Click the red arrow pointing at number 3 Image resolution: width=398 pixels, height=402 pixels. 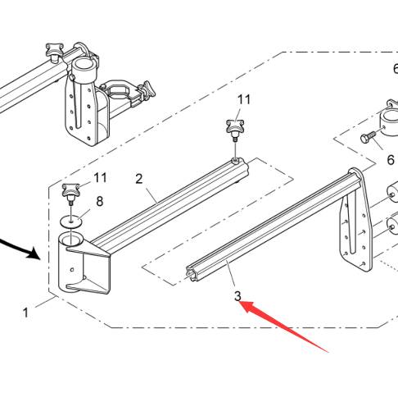[x=284, y=326]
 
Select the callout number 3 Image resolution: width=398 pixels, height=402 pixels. [x=237, y=296]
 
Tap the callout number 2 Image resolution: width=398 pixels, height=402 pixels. [x=139, y=179]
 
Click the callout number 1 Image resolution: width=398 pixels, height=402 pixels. [x=25, y=313]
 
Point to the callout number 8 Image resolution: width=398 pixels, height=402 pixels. [x=100, y=201]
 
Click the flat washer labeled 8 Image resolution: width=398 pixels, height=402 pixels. [x=71, y=221]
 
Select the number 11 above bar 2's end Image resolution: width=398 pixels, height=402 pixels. [x=244, y=100]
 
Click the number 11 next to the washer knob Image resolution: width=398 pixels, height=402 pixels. [x=100, y=178]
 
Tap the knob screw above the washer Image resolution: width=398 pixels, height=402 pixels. [x=70, y=192]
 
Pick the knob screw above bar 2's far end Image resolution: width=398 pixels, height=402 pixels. [x=235, y=128]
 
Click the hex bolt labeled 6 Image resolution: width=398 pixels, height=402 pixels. [x=368, y=137]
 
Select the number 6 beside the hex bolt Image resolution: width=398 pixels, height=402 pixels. [x=391, y=160]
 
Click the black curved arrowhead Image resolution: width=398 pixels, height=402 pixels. [x=34, y=254]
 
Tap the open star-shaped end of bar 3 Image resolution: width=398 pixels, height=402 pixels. [x=192, y=272]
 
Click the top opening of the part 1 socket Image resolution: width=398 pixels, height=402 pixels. [x=71, y=240]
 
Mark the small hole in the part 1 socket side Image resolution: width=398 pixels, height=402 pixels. [x=72, y=270]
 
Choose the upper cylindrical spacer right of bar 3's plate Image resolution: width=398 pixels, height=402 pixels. [x=393, y=194]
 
